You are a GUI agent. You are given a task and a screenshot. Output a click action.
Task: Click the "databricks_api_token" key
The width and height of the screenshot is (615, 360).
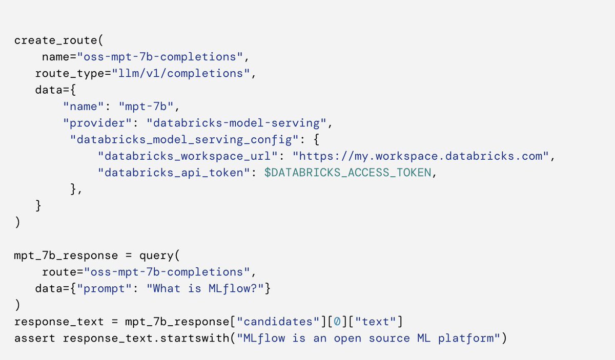click(173, 173)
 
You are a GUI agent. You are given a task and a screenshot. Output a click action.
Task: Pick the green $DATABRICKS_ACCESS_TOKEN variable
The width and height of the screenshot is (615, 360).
click(347, 173)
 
